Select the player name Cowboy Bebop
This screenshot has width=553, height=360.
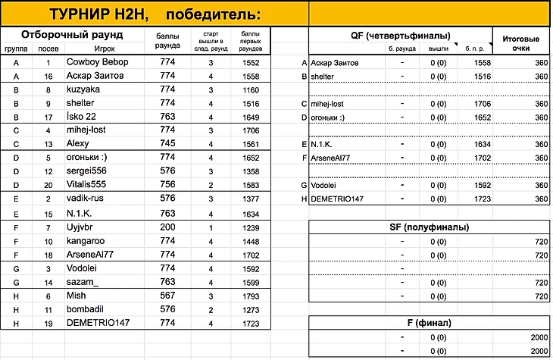pos(95,61)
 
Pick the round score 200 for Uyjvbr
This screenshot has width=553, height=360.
pos(167,226)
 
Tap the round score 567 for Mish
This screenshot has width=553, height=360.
pos(167,295)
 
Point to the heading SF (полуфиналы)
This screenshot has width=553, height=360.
pos(429,227)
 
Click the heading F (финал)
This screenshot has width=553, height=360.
pos(429,323)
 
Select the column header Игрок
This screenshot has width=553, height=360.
pos(83,48)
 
